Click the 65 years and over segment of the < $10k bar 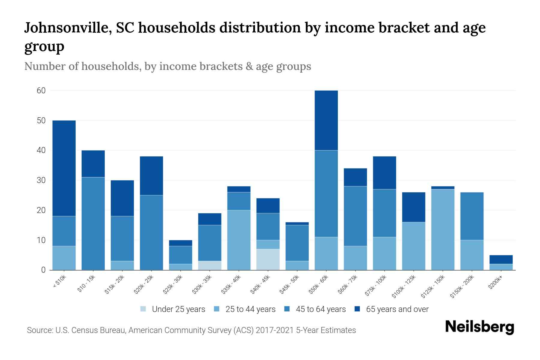click(64, 168)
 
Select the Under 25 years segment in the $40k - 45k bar click(268, 259)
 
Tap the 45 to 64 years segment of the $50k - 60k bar click(326, 193)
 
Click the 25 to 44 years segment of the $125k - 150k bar click(443, 229)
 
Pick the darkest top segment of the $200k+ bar click(501, 259)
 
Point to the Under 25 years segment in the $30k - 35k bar click(210, 265)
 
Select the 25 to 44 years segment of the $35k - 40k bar click(239, 240)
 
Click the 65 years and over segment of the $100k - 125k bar click(414, 207)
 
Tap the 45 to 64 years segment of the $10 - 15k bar click(93, 223)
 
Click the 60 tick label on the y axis click(41, 91)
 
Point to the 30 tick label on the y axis click(41, 180)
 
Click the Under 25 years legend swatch click(143, 309)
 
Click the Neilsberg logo click(479, 327)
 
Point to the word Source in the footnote click(39, 330)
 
